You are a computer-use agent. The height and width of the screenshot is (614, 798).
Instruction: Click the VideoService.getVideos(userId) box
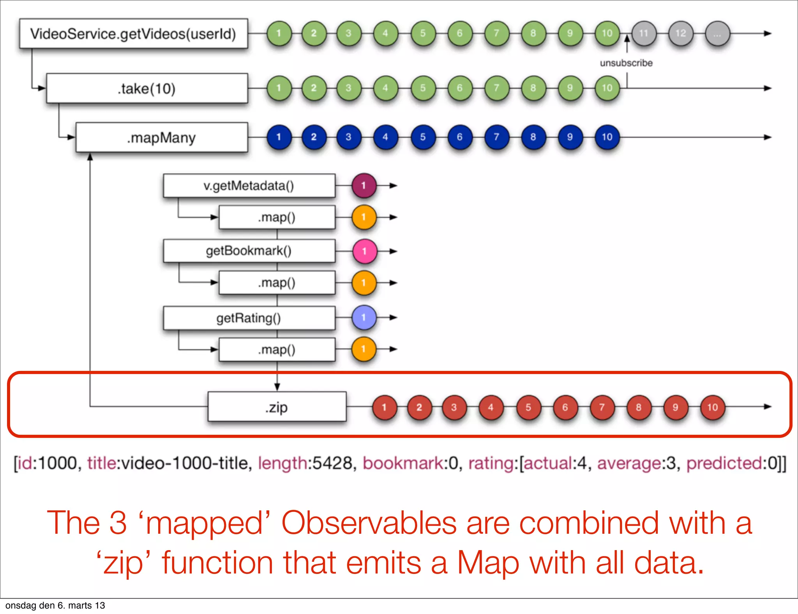[133, 34]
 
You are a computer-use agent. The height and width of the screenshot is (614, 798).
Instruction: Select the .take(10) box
[147, 88]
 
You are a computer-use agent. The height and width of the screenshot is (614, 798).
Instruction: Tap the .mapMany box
[161, 138]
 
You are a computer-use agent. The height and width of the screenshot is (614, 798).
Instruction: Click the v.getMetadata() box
[249, 185]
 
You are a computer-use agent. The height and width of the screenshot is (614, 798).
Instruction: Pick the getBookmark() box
[249, 251]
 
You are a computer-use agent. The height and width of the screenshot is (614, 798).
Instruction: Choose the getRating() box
[249, 318]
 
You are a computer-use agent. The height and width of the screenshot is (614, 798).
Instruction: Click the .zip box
[277, 407]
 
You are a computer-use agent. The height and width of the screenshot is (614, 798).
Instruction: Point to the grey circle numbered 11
[644, 34]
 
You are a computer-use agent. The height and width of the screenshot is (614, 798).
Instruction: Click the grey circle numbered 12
[680, 34]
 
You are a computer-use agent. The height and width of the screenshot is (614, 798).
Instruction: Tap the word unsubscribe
[626, 63]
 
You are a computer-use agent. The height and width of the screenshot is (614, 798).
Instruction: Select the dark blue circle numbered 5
[423, 137]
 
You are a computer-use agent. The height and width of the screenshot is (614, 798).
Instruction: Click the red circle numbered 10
[712, 408]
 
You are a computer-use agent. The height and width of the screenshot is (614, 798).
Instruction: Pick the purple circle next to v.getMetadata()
[364, 185]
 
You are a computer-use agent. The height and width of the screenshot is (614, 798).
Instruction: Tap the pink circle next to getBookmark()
[365, 251]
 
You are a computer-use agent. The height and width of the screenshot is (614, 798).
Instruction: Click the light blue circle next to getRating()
[364, 318]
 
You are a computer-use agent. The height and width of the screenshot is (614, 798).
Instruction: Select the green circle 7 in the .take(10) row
[496, 88]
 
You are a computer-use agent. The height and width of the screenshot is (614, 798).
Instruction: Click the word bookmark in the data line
[403, 463]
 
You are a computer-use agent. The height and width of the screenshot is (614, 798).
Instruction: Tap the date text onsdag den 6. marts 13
[55, 605]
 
